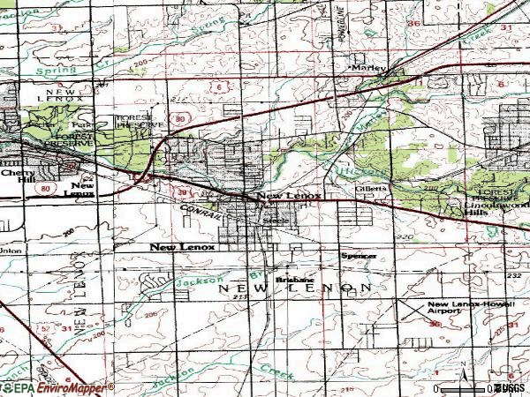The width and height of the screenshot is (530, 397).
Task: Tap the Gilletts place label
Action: (x=369, y=189)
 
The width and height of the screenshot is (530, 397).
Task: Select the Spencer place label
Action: (x=359, y=256)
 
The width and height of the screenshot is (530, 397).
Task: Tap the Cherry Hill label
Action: (x=15, y=177)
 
